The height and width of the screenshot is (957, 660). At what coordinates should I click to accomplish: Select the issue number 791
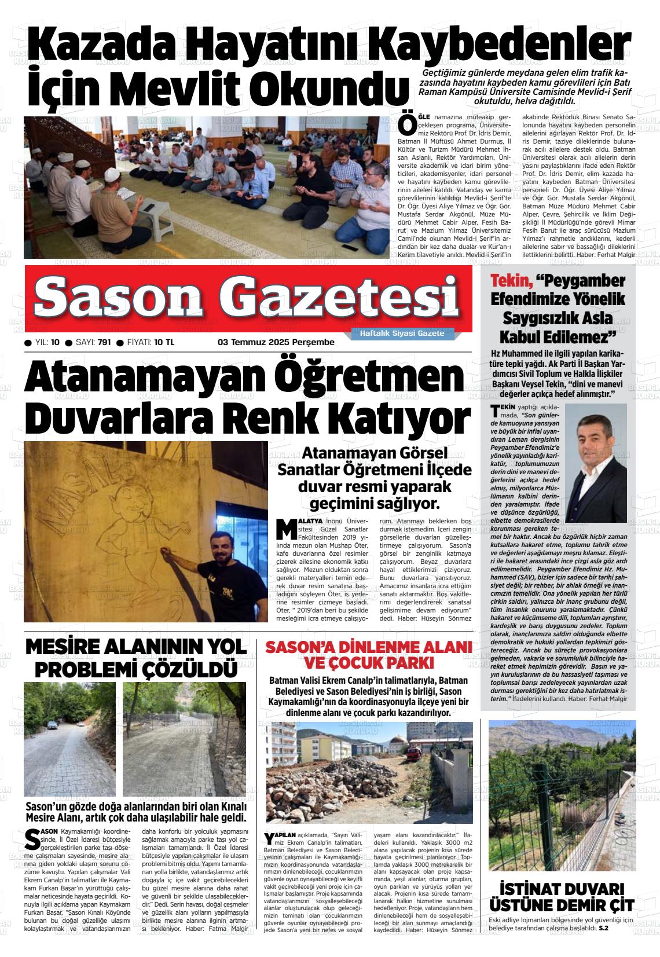(x=104, y=342)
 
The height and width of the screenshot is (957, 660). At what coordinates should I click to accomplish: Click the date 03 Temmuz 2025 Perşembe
(x=276, y=342)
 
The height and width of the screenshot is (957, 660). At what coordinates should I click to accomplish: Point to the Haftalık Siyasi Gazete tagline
(x=402, y=334)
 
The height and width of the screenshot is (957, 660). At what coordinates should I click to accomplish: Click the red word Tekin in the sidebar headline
(x=511, y=281)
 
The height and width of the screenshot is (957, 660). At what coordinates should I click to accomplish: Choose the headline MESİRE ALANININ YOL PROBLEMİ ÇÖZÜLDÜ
(x=136, y=658)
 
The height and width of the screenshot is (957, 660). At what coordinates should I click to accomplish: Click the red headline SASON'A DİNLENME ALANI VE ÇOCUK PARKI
(x=366, y=654)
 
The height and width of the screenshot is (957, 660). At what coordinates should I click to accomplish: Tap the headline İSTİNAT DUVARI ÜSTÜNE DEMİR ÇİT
(x=562, y=897)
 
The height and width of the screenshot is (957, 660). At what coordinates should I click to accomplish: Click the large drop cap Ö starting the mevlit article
(x=408, y=123)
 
